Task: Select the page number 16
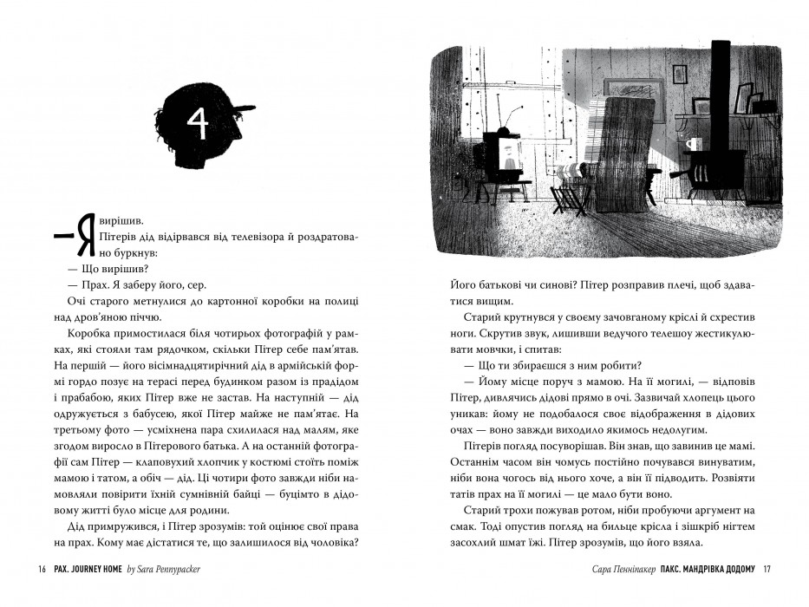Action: coord(40,569)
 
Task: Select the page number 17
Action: coord(767,569)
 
